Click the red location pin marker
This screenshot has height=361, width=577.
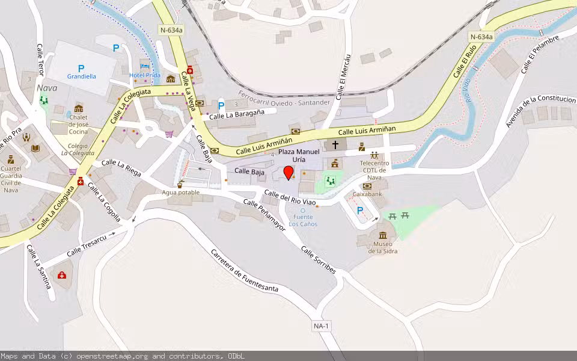click(288, 173)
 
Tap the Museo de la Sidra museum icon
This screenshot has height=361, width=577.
click(383, 235)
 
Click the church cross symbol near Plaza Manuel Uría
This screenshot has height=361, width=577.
click(335, 145)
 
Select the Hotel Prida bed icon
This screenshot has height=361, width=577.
click(144, 65)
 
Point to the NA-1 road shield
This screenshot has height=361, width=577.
click(322, 326)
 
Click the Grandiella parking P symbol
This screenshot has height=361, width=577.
click(81, 69)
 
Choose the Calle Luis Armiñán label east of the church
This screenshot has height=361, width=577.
click(367, 131)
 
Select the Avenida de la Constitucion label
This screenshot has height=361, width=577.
click(540, 111)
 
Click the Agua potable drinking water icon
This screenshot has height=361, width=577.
click(180, 184)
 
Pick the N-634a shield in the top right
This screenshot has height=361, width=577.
click(481, 37)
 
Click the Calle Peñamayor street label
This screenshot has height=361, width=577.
click(264, 215)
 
